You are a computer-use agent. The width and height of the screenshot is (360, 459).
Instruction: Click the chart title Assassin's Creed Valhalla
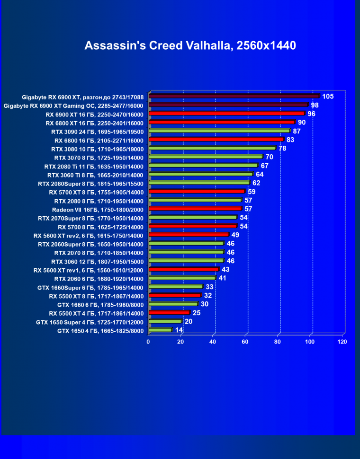tap(190, 45)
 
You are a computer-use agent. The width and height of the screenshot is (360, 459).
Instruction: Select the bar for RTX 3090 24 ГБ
tap(219, 131)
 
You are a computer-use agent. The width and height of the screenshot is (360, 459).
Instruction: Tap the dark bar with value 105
tap(234, 96)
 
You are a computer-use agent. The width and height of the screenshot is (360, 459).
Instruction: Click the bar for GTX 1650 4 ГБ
tap(160, 330)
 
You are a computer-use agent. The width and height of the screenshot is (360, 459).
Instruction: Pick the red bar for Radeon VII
tap(195, 209)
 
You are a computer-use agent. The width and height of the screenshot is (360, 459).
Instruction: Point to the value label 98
tap(315, 105)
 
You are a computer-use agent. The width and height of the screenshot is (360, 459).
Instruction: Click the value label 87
tap(297, 131)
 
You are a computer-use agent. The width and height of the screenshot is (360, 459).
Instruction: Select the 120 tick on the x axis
tap(342, 342)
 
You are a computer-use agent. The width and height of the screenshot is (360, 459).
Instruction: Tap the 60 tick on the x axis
tap(245, 342)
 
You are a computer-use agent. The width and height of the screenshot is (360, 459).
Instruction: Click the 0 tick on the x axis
tap(148, 342)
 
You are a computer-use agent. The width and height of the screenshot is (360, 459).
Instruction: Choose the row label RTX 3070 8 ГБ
tap(99, 157)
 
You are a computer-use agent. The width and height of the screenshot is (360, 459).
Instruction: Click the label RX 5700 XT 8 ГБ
tap(96, 192)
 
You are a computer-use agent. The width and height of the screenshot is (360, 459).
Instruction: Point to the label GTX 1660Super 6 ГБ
tap(90, 287)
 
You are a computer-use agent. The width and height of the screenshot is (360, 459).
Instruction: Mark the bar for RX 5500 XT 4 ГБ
tap(169, 313)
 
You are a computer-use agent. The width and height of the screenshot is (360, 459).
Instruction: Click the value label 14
tap(179, 330)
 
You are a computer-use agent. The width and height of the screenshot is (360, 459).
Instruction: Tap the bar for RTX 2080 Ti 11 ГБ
tap(203, 166)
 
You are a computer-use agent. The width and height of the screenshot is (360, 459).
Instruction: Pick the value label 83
tap(290, 140)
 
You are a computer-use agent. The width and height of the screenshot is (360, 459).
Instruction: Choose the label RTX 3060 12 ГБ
tap(97, 261)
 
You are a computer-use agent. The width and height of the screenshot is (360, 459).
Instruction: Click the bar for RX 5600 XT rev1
tap(184, 270)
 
